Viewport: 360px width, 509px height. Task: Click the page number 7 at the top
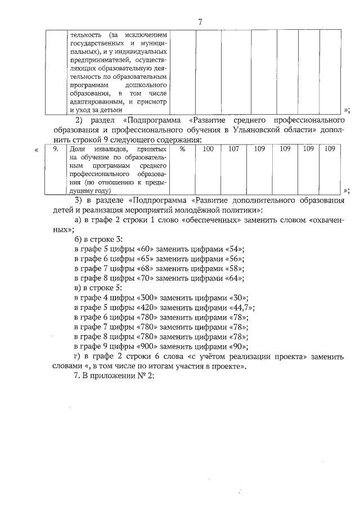pos(200,22)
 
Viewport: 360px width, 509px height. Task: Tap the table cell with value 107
pos(233,149)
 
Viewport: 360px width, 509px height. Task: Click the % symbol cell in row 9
pos(182,149)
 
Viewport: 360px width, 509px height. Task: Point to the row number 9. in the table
pos(56,149)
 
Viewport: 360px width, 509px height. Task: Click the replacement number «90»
pos(238,346)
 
